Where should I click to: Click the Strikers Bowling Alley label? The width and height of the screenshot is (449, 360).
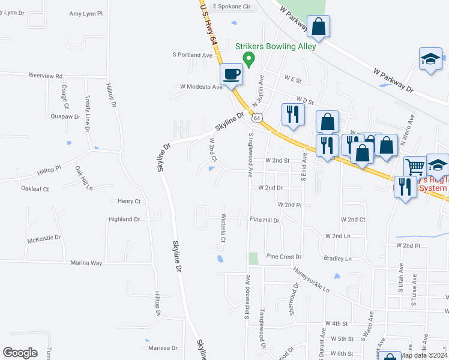tap(276, 46)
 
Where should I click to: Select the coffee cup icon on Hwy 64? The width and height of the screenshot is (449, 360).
tap(232, 75)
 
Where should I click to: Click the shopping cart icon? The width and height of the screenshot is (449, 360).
tap(415, 166)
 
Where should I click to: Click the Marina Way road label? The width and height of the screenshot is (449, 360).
tap(86, 263)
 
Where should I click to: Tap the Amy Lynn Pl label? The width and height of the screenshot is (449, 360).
tap(86, 13)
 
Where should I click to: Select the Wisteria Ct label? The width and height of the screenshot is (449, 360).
tap(223, 228)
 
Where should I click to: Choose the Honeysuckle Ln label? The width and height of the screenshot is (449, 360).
tap(312, 280)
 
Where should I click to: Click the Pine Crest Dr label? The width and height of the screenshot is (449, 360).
tap(283, 256)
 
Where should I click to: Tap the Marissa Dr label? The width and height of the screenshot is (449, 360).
tap(163, 348)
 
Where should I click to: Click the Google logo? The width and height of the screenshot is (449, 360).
tap(20, 353)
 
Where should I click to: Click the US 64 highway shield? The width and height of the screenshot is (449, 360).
tap(257, 118)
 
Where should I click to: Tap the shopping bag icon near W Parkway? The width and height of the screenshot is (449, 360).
tap(319, 27)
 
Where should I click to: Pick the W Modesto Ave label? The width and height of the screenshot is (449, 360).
tap(196, 86)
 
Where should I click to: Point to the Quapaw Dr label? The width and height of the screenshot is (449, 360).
tap(65, 116)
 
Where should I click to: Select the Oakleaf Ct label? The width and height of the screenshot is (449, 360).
tap(35, 189)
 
